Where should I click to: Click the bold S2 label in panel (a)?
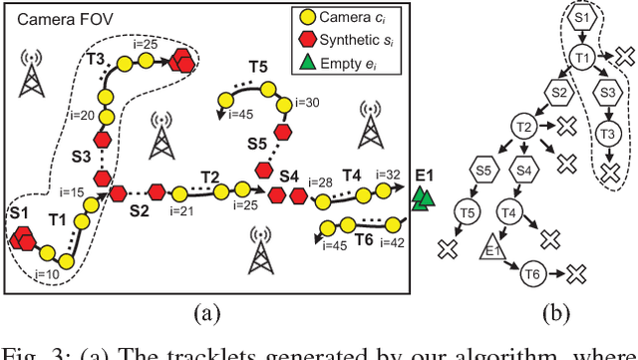pos(140,210)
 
